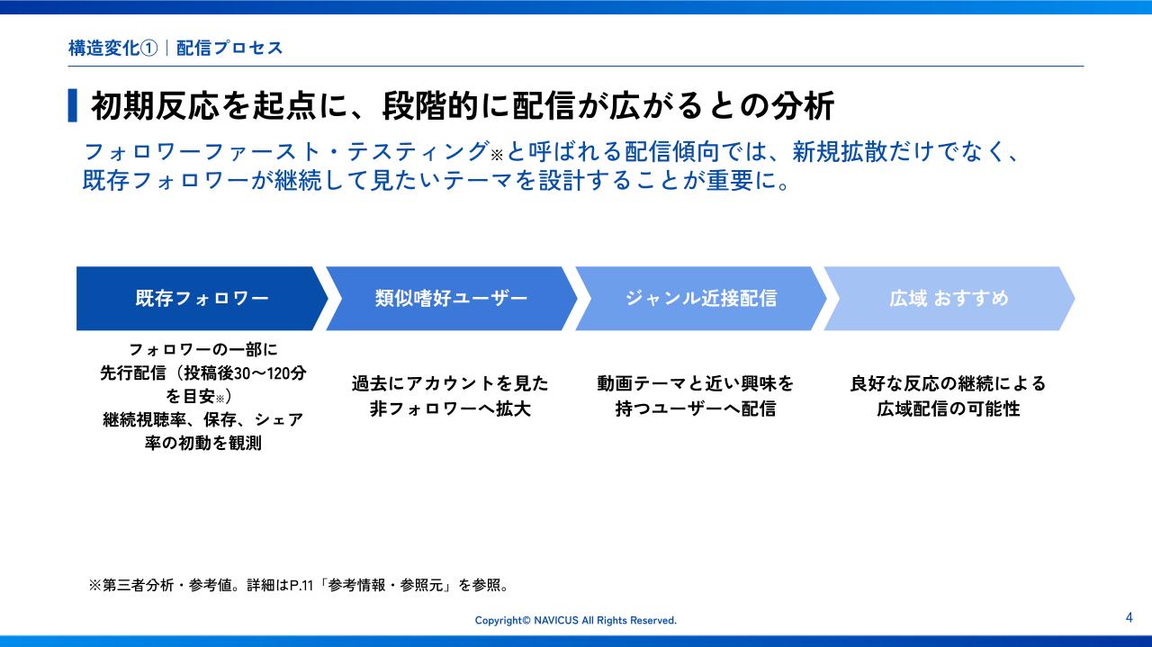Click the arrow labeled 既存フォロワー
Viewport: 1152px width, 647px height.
(202, 298)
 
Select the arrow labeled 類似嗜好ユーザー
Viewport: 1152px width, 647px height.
(451, 298)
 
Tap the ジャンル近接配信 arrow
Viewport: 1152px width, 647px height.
(700, 298)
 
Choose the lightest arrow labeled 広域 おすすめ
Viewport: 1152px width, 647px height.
(949, 298)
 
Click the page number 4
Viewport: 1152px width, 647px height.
(1129, 617)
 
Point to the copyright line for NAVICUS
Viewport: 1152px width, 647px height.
(575, 620)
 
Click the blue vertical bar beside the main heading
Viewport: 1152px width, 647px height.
(73, 105)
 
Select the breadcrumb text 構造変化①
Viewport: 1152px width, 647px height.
(112, 48)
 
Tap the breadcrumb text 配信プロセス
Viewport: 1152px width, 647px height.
(229, 48)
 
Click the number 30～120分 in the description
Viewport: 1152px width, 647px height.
(270, 373)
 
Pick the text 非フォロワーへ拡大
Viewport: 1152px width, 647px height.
(450, 409)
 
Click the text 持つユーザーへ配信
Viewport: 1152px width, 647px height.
(696, 409)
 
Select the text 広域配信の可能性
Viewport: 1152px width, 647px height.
(949, 409)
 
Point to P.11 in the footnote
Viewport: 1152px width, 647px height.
(301, 585)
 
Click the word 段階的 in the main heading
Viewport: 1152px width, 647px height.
(430, 106)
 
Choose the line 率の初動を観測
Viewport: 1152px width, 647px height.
(203, 443)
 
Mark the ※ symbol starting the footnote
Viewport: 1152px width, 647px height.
(95, 585)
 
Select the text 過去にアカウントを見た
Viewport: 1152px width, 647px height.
(450, 383)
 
